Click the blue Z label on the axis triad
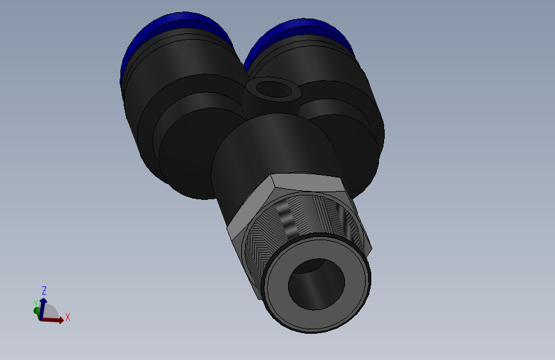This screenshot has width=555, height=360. pos(44,290)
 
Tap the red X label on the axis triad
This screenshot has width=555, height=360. pos(67,317)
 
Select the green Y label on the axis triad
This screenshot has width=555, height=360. pos(35,304)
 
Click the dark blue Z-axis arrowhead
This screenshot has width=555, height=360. pos(44,299)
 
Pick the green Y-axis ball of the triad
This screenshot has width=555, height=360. pos(36,311)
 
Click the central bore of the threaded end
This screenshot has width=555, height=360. pos(316,283)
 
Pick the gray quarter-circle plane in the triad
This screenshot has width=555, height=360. pos(50,312)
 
